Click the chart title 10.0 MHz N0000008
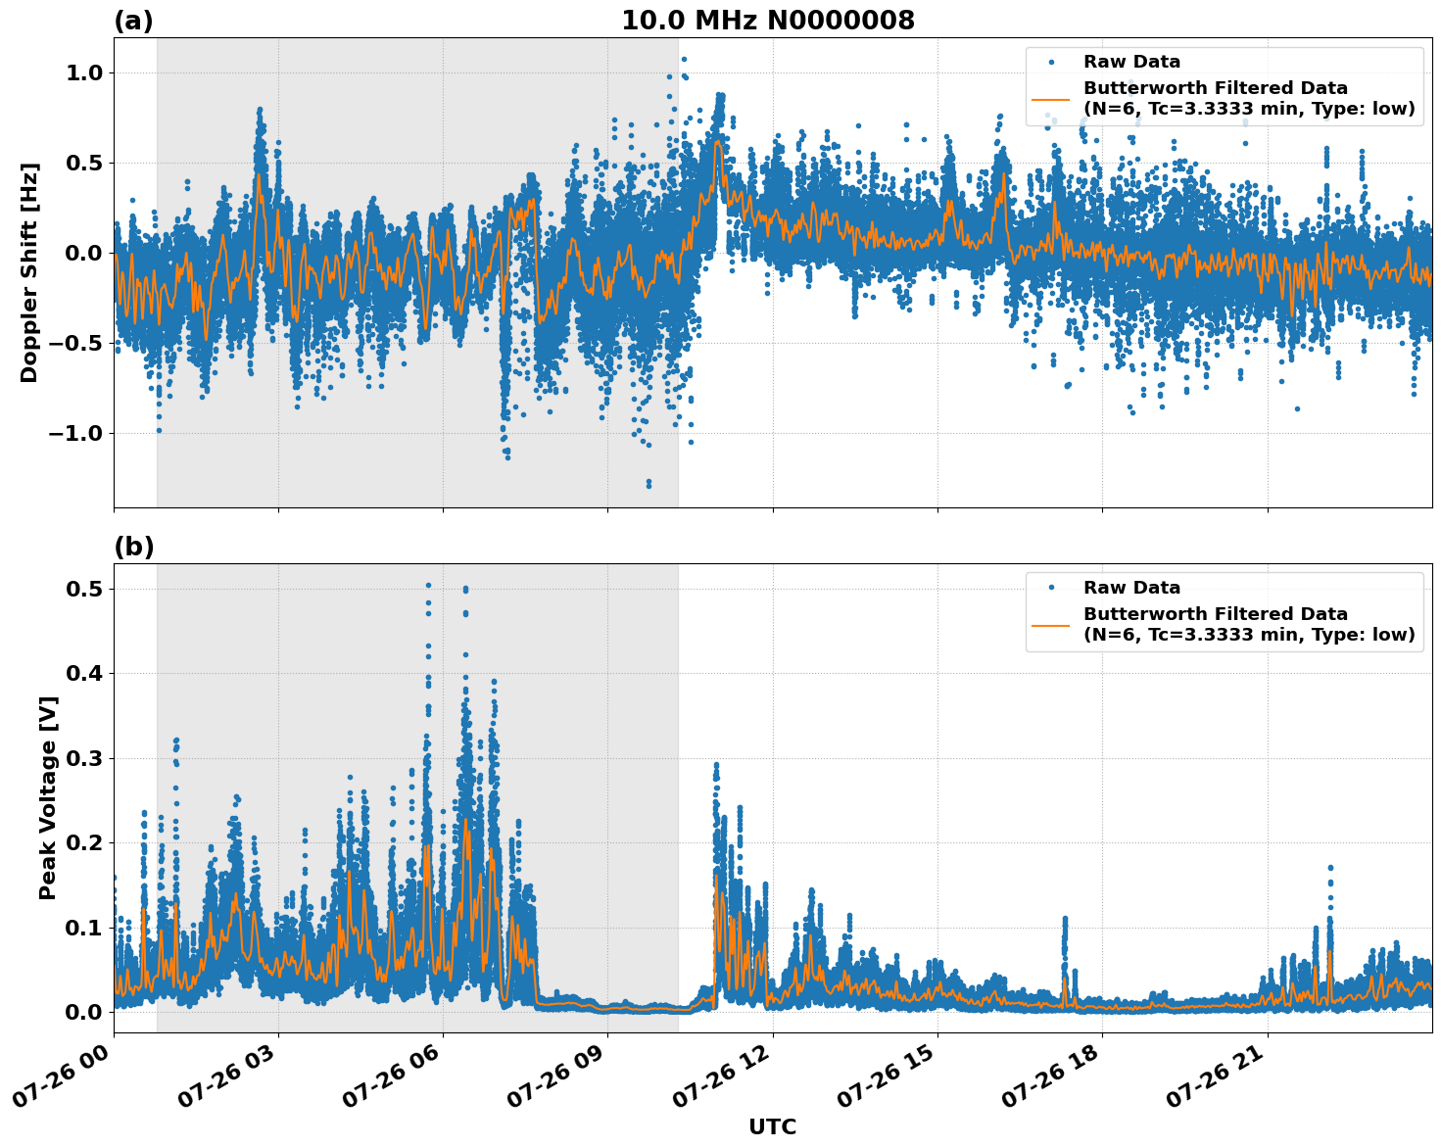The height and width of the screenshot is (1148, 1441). pos(767,21)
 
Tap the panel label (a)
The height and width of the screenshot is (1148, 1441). pos(133,21)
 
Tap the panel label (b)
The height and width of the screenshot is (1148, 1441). pos(133,547)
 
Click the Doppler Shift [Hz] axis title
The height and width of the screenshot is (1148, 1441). pos(29,272)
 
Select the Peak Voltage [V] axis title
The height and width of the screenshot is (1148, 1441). pos(48,797)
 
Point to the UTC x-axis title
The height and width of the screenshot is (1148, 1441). pos(772,1126)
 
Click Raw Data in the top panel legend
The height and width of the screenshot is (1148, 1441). pos(1131,62)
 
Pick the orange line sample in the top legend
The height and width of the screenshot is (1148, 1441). pos(1051,99)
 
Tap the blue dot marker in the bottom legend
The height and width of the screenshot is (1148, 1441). pos(1051,588)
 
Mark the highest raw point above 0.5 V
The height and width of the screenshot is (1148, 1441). pos(428,585)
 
